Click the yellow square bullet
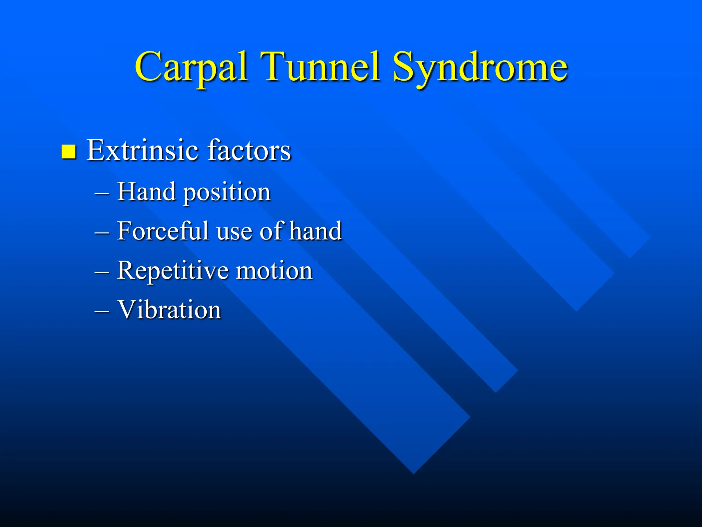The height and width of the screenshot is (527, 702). point(69,152)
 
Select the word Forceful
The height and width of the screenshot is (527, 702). point(163,231)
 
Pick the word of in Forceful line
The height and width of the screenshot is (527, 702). point(272,231)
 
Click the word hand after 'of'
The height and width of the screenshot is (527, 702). point(316,231)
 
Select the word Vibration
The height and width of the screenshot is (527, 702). point(169,310)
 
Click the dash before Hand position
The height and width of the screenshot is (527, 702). point(102,194)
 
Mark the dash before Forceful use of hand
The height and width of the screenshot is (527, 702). point(102,233)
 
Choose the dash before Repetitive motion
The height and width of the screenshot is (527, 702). point(102,272)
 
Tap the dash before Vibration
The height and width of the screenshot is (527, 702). point(102,312)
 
